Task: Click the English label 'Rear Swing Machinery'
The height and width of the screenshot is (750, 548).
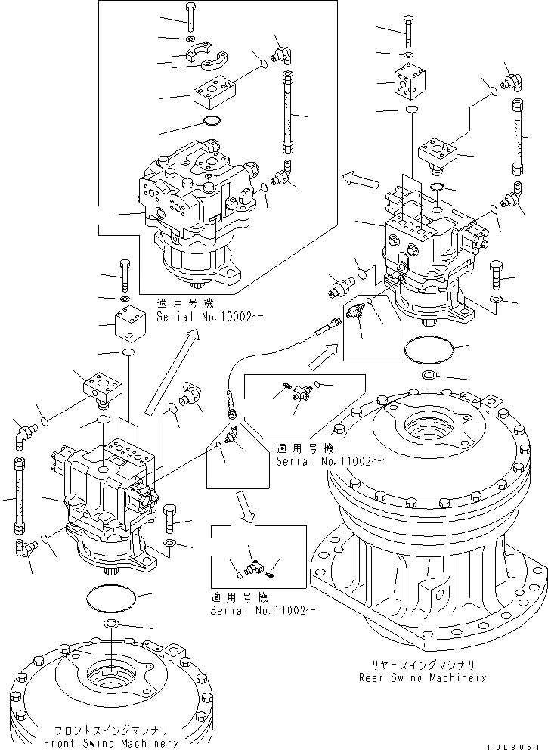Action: (x=423, y=677)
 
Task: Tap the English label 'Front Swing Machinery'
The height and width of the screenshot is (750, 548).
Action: (x=111, y=743)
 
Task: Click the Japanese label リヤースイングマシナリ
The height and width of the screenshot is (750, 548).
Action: (x=423, y=665)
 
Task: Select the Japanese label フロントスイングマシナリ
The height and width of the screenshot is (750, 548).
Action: (x=111, y=730)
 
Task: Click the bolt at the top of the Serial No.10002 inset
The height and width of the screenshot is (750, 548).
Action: (x=190, y=17)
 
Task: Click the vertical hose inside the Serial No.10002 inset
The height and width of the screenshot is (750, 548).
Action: (x=288, y=111)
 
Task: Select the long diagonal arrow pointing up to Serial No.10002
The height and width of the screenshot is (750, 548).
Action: (x=173, y=370)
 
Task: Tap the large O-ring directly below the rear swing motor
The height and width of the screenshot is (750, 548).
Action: (x=428, y=352)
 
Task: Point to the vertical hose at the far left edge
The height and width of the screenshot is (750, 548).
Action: (x=20, y=494)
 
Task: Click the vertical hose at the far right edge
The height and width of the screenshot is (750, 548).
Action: (x=519, y=137)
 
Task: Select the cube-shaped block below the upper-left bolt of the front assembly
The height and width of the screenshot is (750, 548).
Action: (x=129, y=325)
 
